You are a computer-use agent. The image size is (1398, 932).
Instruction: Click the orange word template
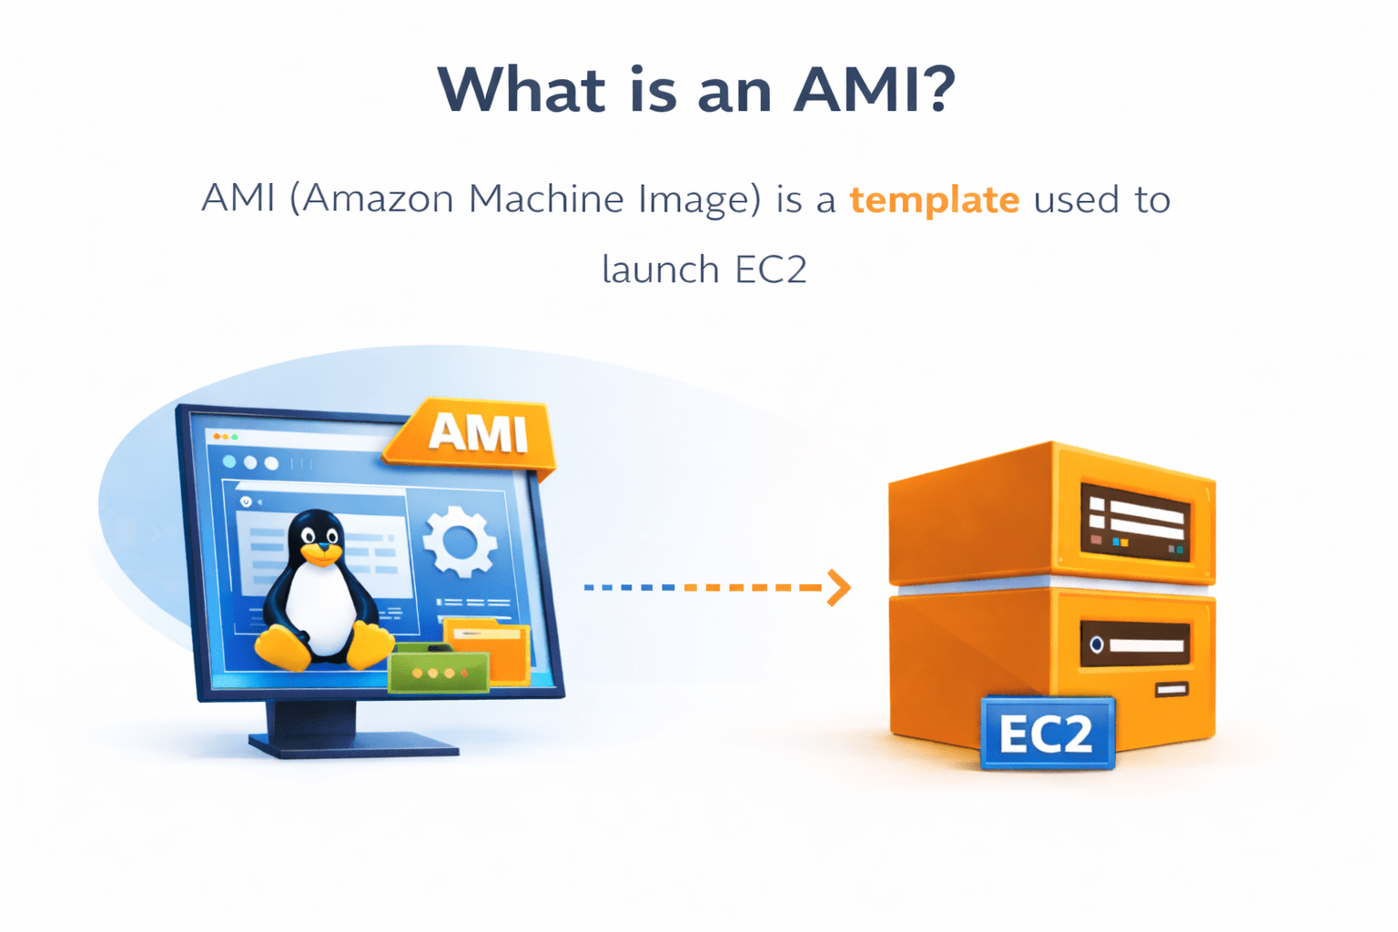click(934, 199)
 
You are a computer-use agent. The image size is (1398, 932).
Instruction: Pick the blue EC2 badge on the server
click(1047, 734)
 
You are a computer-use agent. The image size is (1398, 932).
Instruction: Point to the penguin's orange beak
click(320, 552)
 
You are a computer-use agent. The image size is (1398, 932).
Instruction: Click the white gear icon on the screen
click(460, 542)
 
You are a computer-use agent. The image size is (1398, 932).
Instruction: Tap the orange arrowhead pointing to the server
click(839, 588)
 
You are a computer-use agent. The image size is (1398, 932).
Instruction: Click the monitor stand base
click(355, 745)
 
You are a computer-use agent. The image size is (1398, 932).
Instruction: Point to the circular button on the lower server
click(1097, 644)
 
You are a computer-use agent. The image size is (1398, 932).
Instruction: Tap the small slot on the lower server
click(1171, 690)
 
